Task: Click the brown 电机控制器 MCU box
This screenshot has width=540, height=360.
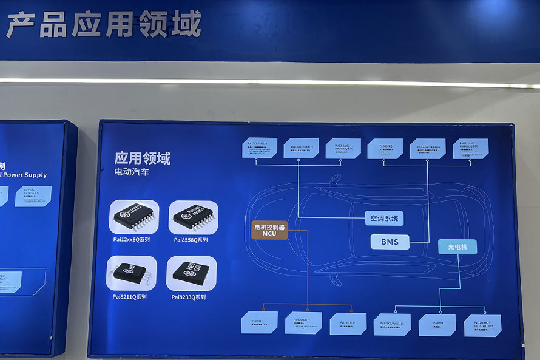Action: (269, 229)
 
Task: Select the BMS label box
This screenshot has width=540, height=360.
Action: (390, 242)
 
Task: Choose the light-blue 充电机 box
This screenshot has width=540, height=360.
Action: (457, 246)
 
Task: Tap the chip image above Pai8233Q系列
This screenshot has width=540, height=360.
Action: (191, 273)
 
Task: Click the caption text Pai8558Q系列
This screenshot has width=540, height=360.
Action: (191, 240)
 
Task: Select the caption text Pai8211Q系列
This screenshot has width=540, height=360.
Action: (129, 297)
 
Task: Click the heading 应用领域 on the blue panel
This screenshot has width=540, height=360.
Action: (142, 158)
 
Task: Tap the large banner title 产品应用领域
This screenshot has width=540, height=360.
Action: (103, 25)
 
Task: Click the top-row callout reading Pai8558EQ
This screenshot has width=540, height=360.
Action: (385, 148)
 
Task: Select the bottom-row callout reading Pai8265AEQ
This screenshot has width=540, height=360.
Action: (303, 322)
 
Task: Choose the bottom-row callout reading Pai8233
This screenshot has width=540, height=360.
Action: (437, 325)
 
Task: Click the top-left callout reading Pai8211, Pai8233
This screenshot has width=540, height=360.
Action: (260, 148)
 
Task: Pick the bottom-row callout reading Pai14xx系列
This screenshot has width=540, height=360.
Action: (348, 324)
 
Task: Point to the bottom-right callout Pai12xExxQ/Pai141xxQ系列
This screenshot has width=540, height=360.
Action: (482, 325)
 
